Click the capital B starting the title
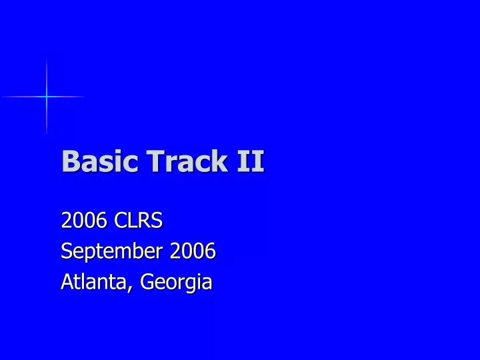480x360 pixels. point(69,162)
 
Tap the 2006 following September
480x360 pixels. point(193,251)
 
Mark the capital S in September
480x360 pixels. point(65,251)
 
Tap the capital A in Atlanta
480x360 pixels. point(66,282)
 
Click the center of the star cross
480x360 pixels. point(47,97)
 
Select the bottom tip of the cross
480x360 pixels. point(47,134)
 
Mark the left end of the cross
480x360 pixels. point(3,97)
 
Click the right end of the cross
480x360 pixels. point(85,97)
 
